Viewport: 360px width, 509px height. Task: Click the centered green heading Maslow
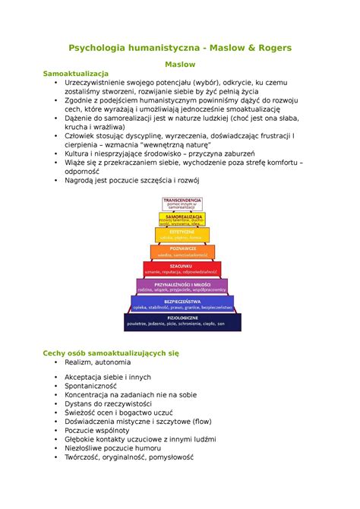tap(180, 66)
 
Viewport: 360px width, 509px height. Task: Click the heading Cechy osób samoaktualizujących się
tap(111, 353)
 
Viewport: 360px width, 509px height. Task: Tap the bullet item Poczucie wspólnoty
tap(97, 430)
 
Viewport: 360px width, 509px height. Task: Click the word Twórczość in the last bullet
tap(84, 458)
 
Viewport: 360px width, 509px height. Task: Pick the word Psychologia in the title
tap(99, 48)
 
